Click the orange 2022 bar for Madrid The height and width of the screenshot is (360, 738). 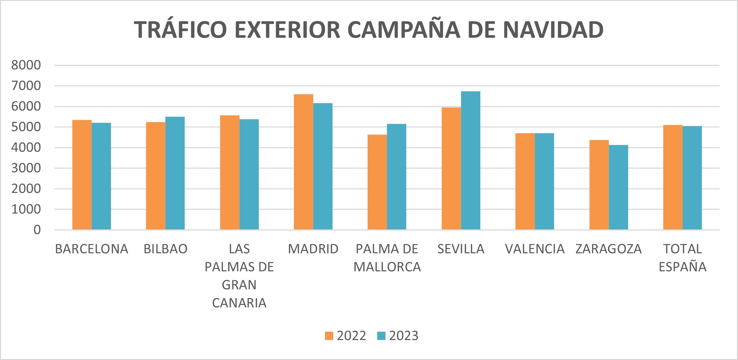tap(304, 162)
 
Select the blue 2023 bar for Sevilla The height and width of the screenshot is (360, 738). tap(470, 160)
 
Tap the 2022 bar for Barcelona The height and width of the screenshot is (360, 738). tap(82, 175)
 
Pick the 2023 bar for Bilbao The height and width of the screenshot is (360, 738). tap(175, 173)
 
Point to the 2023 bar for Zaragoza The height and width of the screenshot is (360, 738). tap(618, 187)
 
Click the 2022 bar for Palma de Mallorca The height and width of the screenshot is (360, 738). tap(377, 182)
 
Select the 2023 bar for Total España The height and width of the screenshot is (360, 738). tap(692, 177)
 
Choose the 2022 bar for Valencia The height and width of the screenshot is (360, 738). tap(525, 181)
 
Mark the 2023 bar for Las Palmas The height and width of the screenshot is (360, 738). tap(249, 174)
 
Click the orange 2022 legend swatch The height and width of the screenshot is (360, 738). tap(329, 336)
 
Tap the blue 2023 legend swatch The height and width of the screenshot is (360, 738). tap(381, 336)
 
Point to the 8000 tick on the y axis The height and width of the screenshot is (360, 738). tap(26, 65)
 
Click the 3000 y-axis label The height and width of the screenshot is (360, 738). tap(26, 168)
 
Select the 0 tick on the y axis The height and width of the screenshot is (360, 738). tap(37, 230)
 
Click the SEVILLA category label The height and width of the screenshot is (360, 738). tap(461, 249)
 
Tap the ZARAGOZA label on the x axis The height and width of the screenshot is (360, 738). tap(608, 249)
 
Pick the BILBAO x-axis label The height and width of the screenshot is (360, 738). tap(165, 249)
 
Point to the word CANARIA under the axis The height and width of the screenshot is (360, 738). tap(239, 303)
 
